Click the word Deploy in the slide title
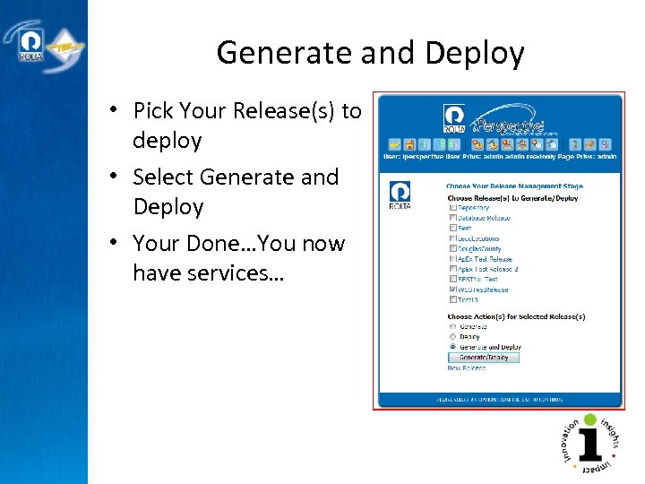point(474,54)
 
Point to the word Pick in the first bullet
point(153,111)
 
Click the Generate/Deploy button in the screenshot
point(483,358)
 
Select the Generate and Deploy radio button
point(452,347)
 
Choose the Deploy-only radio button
point(452,337)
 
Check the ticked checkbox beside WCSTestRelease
point(452,290)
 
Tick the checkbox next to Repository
point(452,207)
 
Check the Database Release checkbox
point(452,218)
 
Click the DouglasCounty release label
point(479,248)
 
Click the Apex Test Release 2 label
point(488,269)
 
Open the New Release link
point(466,368)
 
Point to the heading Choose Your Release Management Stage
point(514,186)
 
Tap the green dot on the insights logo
point(589,419)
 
